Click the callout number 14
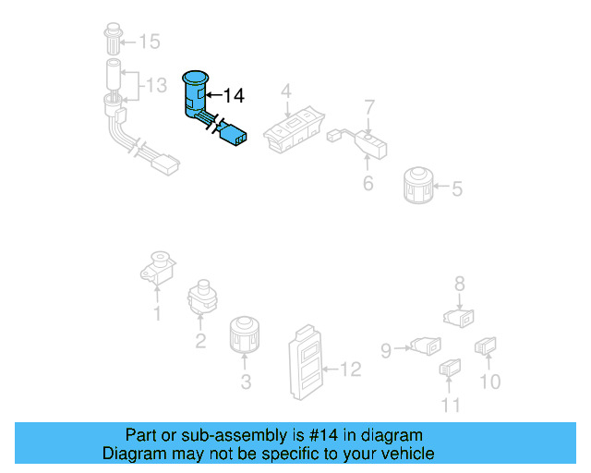click(233, 94)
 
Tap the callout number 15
click(149, 41)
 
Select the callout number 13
click(156, 86)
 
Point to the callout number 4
click(286, 91)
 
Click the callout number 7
click(368, 106)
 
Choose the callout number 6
click(368, 183)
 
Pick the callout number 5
click(456, 190)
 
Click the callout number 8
click(459, 285)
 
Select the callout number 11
click(450, 404)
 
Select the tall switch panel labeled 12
click(306, 362)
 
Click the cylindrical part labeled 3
click(246, 337)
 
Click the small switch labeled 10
click(487, 347)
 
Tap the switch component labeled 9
click(426, 346)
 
